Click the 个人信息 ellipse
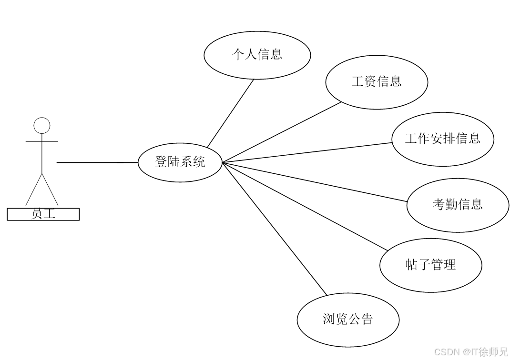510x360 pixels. [257, 55]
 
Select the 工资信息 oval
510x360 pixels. [377, 82]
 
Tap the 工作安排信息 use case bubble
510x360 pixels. [443, 140]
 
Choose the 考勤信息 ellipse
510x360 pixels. [458, 205]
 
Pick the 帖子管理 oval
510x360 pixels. [431, 265]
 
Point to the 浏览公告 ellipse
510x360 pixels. [348, 320]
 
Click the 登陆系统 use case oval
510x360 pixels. [180, 162]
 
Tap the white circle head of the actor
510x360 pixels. [42, 126]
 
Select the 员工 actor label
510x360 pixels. [43, 214]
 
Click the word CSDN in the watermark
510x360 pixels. [446, 352]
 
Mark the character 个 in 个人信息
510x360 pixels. [238, 54]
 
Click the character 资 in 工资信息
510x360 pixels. [370, 81]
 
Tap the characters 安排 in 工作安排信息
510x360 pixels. [443, 139]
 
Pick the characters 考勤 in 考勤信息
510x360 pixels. [445, 204]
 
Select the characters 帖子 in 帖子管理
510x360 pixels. [418, 264]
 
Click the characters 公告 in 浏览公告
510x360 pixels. [361, 319]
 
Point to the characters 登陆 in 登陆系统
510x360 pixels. [167, 161]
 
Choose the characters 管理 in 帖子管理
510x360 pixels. [444, 264]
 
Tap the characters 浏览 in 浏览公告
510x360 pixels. [335, 319]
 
